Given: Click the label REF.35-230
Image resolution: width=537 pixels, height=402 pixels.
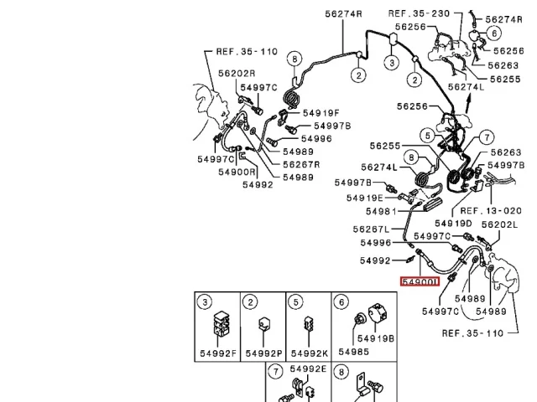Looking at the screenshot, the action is (419, 13).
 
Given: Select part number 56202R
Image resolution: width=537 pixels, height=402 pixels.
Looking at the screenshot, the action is (237, 74).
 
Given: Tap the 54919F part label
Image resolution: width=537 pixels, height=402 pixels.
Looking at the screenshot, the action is (321, 113).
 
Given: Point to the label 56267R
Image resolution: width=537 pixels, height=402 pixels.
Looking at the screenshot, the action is (301, 165).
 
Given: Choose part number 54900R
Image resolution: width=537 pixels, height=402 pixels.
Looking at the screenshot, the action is (237, 172).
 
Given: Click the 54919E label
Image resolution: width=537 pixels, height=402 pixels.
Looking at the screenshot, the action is (365, 198).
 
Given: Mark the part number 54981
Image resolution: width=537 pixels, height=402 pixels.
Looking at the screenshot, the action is (381, 212).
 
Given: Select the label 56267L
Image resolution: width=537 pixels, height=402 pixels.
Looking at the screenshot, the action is (371, 229).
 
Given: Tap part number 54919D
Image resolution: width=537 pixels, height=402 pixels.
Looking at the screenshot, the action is (453, 224).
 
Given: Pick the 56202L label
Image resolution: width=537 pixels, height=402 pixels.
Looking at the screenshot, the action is (500, 225).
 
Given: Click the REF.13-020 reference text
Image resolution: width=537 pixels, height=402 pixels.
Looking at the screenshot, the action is (491, 211).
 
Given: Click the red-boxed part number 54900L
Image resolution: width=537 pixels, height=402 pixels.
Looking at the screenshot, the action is (420, 282).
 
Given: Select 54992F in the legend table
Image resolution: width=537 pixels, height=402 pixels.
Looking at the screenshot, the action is (218, 353).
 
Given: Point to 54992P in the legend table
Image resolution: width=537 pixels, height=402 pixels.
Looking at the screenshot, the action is (263, 353).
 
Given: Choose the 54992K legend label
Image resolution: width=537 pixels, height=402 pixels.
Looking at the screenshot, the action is (310, 353).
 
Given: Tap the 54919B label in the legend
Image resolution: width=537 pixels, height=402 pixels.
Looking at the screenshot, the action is (376, 338).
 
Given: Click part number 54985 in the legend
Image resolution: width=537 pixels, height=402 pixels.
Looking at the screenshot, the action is (354, 352).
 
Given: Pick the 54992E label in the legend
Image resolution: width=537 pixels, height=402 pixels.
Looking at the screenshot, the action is (308, 368).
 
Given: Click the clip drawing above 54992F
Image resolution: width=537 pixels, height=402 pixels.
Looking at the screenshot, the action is (222, 323).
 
